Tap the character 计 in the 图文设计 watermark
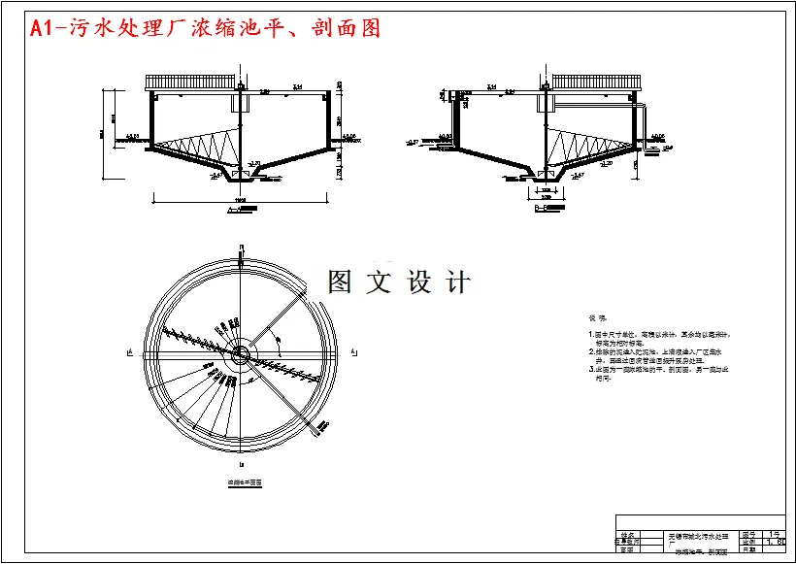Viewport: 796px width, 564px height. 457,282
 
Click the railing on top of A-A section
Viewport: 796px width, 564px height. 189,82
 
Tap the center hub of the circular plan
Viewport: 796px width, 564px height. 238,353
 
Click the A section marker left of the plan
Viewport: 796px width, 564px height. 129,352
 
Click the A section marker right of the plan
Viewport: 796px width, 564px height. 353,352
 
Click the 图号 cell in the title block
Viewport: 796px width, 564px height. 749,534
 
